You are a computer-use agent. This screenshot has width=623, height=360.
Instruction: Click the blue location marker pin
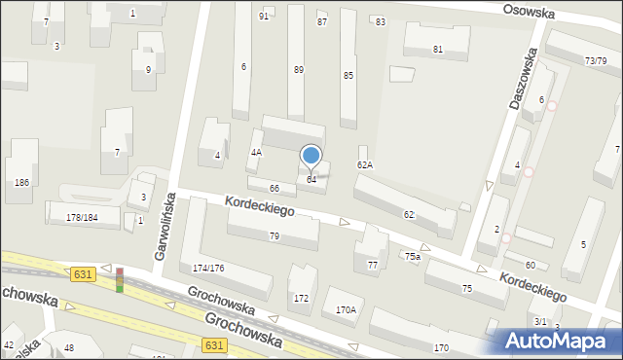(x=311, y=156)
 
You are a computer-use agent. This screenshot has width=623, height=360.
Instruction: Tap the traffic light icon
(x=120, y=280)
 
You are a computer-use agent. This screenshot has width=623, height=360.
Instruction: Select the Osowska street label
(x=529, y=12)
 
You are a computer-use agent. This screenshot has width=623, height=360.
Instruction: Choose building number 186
(x=19, y=182)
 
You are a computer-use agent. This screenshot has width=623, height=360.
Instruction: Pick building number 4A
(x=256, y=153)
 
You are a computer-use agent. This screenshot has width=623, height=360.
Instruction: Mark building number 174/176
(x=208, y=268)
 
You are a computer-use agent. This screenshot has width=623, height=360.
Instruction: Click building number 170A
(x=346, y=310)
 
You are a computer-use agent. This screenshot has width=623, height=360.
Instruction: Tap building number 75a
(x=413, y=256)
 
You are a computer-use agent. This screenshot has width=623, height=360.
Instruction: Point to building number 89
(x=298, y=70)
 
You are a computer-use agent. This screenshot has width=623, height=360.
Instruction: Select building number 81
(x=437, y=50)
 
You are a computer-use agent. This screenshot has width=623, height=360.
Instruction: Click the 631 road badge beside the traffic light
(x=83, y=274)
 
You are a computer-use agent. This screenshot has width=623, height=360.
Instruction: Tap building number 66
(x=275, y=188)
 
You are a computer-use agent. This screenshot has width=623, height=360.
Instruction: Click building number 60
(x=531, y=265)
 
